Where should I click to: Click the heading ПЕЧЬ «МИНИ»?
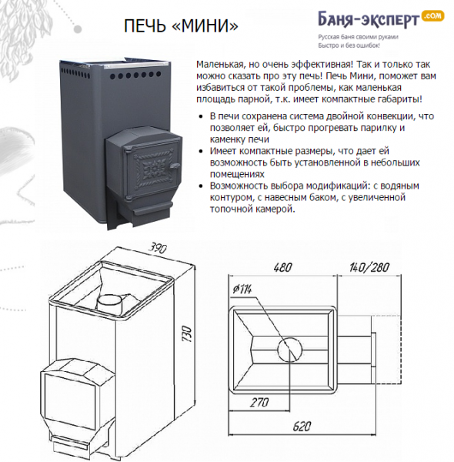coord(180,26)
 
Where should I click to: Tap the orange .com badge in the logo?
coord(432,15)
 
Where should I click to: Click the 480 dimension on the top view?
coord(282,268)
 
